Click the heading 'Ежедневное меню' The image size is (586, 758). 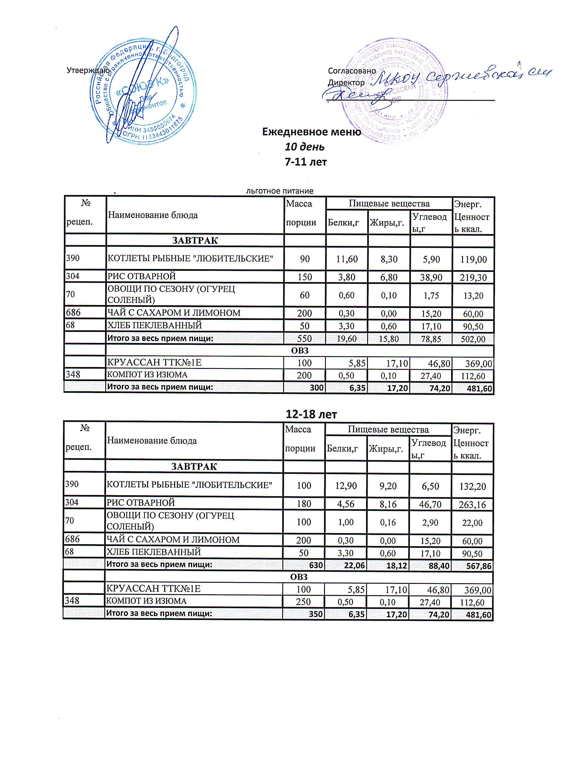pyautogui.click(x=311, y=132)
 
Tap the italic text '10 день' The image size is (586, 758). pyautogui.click(x=304, y=147)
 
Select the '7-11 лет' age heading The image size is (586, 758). pyautogui.click(x=305, y=162)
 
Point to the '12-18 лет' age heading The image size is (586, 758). pyautogui.click(x=311, y=414)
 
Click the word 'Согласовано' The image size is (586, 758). pyautogui.click(x=352, y=71)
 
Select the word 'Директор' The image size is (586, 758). pyautogui.click(x=346, y=83)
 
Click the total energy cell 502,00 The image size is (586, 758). pyautogui.click(x=473, y=339)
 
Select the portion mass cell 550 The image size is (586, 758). pyautogui.click(x=304, y=339)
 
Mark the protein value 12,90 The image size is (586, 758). pyautogui.click(x=346, y=486)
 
